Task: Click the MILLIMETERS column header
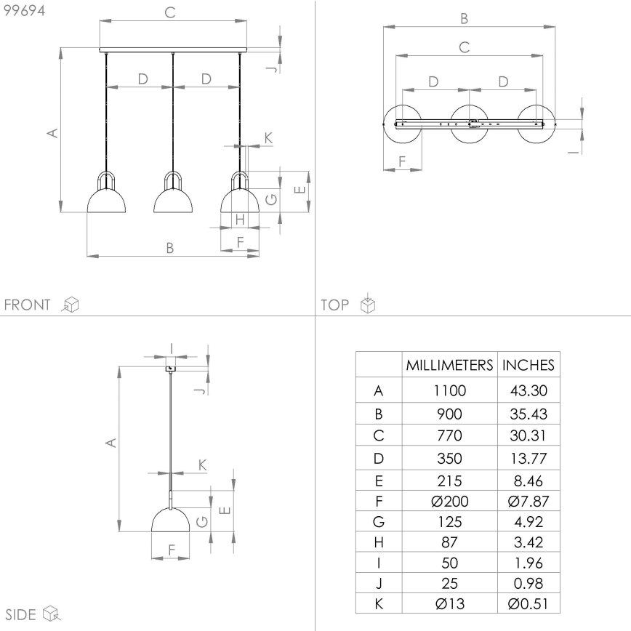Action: click(x=449, y=365)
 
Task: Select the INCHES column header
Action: click(x=528, y=365)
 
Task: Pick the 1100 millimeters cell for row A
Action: click(x=449, y=390)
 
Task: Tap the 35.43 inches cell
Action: click(x=528, y=414)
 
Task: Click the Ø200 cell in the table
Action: click(x=449, y=501)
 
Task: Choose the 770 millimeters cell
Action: click(x=449, y=436)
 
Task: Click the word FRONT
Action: click(x=28, y=305)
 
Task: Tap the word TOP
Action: click(x=335, y=305)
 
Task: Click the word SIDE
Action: click(x=20, y=615)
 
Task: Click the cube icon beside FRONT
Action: click(x=71, y=305)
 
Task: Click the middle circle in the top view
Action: click(x=470, y=124)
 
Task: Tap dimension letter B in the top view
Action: click(x=465, y=18)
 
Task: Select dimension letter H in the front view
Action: click(x=239, y=219)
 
